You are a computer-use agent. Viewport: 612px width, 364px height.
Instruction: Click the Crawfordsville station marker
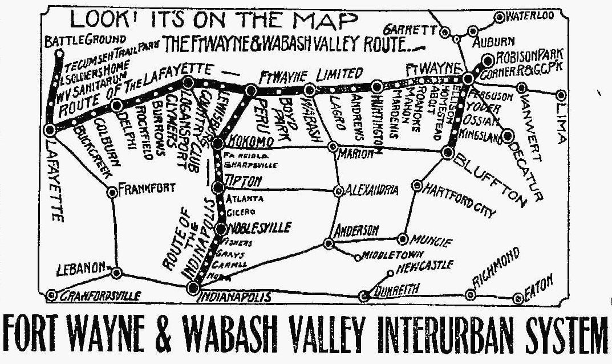[51, 295]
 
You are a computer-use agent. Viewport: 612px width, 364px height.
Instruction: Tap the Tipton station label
[244, 181]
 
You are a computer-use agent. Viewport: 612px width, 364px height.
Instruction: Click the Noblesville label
[260, 227]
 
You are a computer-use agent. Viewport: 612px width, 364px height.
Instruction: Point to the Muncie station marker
[403, 239]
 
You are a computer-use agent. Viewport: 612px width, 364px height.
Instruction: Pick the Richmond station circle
[471, 295]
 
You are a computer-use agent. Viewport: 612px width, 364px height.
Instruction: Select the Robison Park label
[530, 55]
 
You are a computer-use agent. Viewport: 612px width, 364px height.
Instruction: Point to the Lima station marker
[562, 95]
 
